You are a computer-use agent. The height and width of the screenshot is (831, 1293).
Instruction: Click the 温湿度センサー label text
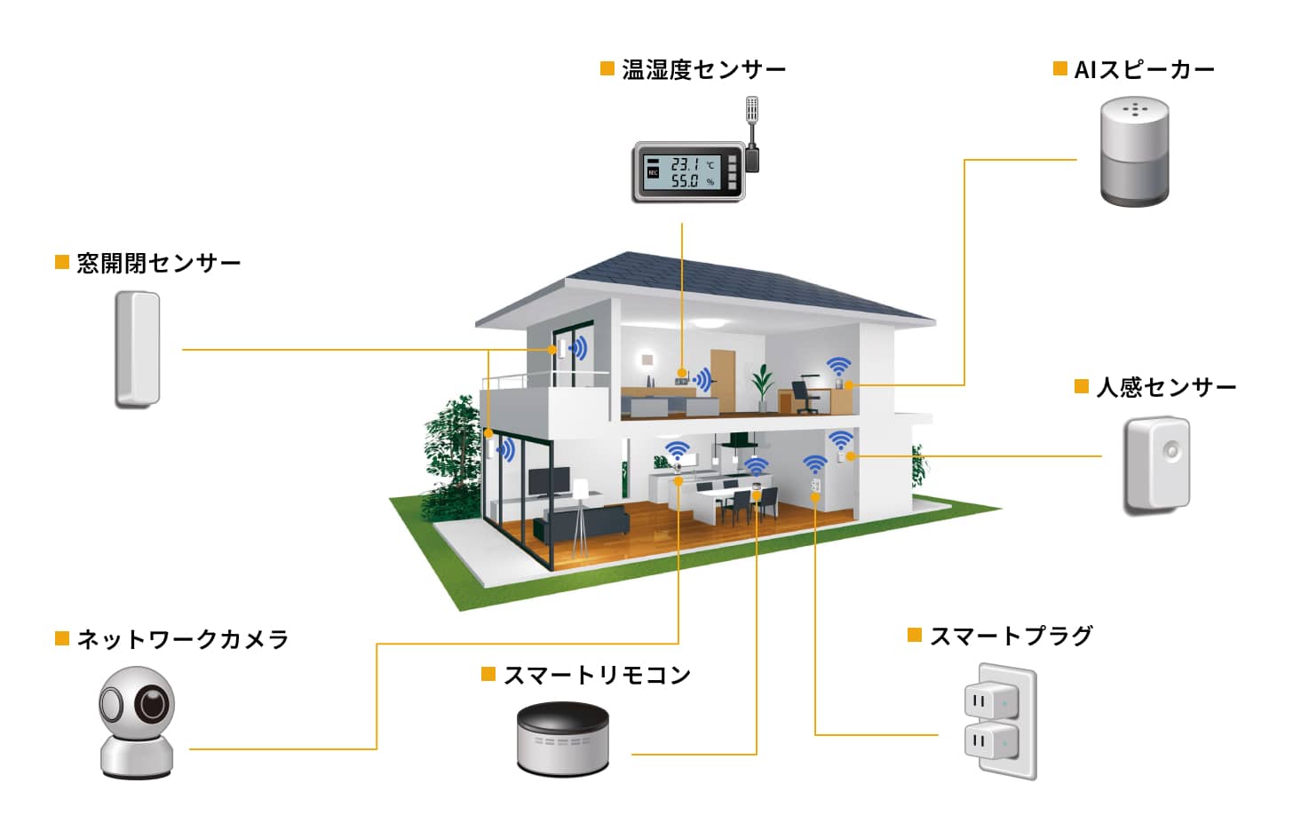(703, 70)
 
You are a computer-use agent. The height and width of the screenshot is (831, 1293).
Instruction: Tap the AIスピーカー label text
(1144, 70)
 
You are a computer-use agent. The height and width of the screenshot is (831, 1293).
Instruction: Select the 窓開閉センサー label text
(159, 263)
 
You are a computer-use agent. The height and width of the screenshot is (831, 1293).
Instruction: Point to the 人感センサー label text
(1166, 387)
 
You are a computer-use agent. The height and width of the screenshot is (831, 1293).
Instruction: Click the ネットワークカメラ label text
(183, 639)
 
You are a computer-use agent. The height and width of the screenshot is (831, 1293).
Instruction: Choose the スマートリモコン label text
(597, 675)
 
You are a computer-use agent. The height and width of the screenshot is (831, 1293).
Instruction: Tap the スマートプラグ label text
(1011, 636)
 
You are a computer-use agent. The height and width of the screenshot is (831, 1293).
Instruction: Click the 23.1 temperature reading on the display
(684, 164)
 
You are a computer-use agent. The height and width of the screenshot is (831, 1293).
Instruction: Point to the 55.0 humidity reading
(684, 181)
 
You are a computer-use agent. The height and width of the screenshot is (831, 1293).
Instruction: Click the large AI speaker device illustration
(1134, 151)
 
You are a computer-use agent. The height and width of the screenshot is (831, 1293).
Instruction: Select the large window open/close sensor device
(138, 350)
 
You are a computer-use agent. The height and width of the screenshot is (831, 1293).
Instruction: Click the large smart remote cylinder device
(562, 740)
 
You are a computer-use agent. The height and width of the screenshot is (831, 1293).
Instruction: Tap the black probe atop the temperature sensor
(751, 134)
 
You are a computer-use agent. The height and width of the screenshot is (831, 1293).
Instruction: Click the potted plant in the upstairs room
(763, 387)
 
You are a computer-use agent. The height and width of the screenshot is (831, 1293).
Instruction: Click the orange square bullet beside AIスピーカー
(1059, 68)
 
